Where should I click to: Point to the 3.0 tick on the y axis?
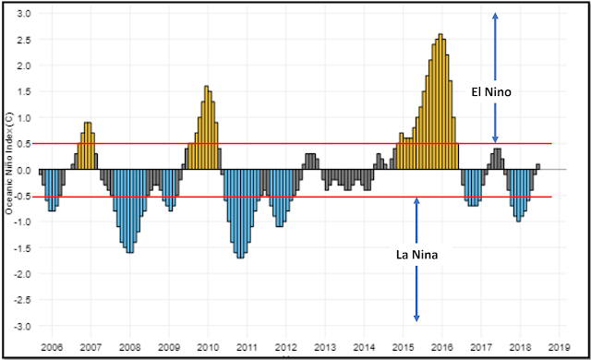[x=25, y=15]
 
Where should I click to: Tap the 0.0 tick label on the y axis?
[x=25, y=170]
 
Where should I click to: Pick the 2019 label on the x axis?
[x=559, y=347]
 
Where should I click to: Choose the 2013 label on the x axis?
[x=324, y=347]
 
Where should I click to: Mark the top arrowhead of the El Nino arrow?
[x=495, y=15]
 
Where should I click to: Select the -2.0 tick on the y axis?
[x=23, y=274]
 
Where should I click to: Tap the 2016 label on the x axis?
[x=441, y=347]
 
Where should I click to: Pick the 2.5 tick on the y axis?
[x=25, y=41]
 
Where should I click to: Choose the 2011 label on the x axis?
[x=247, y=347]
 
